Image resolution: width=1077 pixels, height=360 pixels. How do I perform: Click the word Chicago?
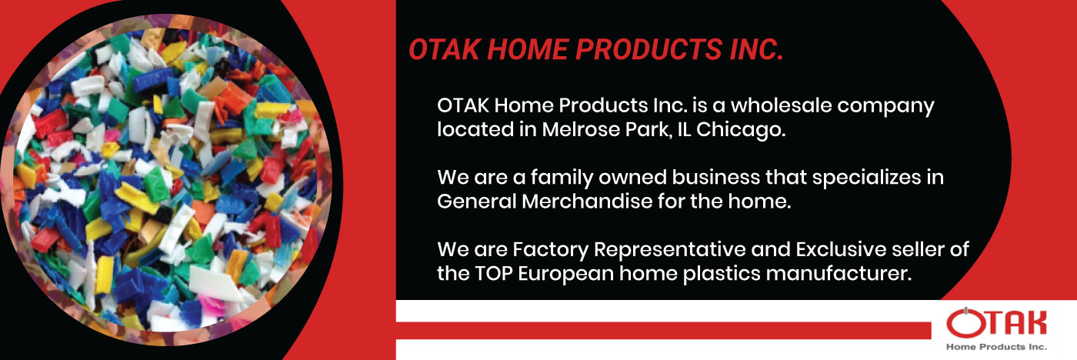coord(741,130)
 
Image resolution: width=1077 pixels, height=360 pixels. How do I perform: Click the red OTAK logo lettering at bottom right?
coord(996,323)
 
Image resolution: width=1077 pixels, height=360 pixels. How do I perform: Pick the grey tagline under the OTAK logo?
coord(996,347)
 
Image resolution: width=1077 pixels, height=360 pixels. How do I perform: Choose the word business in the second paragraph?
coord(716,177)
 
